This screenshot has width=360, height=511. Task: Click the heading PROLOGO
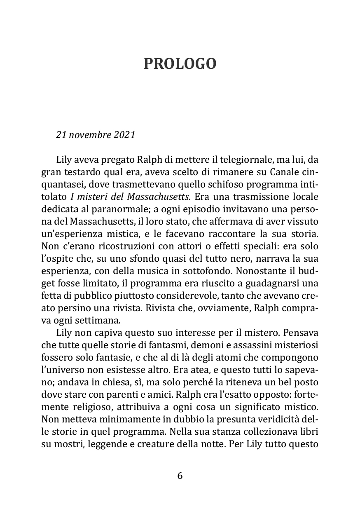pos(180,64)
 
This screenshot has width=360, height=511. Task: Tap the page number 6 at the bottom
pos(180,476)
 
